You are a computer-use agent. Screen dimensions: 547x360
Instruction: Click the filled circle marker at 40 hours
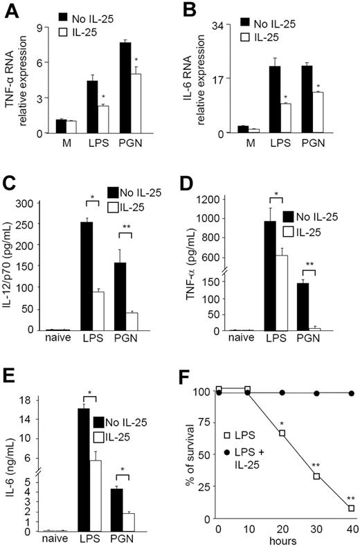pyautogui.click(x=351, y=393)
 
